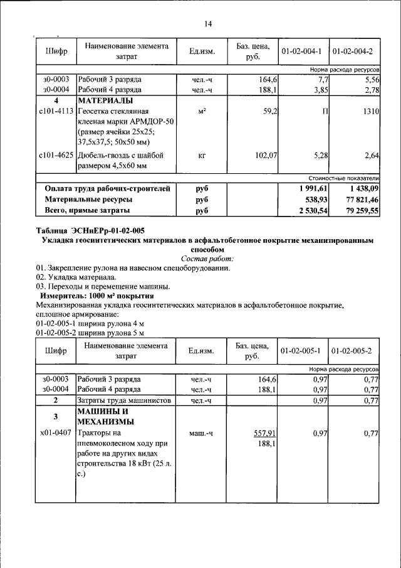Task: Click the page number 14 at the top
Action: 208,24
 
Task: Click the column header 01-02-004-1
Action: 301,51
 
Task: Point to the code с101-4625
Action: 56,156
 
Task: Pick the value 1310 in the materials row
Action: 370,111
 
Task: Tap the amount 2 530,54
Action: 310,212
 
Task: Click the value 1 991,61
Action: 310,188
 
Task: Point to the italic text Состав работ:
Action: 207,259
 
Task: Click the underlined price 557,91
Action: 265,434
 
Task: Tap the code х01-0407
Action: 56,434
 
